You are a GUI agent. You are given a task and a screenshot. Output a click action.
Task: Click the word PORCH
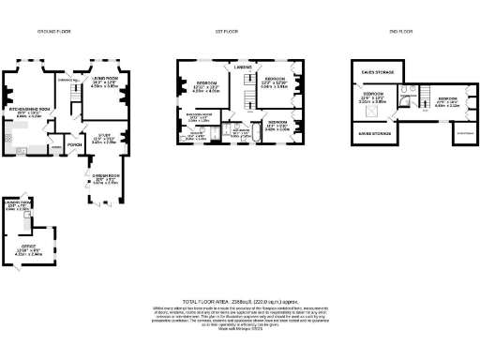(x=73, y=144)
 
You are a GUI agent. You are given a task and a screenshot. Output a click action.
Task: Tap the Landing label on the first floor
(x=242, y=67)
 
